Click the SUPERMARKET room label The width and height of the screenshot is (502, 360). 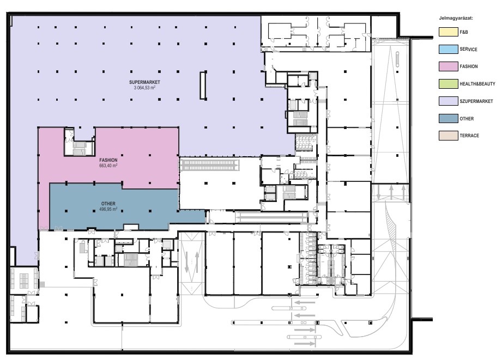click(144, 82)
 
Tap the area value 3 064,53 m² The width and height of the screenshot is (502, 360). click(144, 87)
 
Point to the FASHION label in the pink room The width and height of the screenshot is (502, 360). click(108, 160)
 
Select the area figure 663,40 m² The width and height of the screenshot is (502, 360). click(108, 166)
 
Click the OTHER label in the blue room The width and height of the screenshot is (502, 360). click(108, 204)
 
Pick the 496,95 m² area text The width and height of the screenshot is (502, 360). click(108, 209)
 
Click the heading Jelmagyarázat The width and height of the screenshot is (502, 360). click(456, 18)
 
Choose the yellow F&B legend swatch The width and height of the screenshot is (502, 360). click(448, 32)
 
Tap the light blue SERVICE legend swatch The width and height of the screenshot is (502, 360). click(448, 49)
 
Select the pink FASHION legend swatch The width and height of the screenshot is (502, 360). click(448, 66)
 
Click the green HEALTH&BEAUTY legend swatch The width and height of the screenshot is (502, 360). click(448, 84)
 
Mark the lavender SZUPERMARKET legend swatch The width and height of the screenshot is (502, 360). click(448, 101)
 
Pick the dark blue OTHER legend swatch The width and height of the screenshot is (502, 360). click(448, 118)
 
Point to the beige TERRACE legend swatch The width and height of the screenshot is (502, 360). click(448, 136)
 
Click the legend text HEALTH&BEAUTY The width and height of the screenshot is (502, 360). click(477, 84)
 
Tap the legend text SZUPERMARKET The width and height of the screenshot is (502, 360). click(476, 101)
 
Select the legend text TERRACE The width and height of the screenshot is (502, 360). click(469, 136)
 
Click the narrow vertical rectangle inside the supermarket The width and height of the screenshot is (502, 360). click(203, 86)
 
